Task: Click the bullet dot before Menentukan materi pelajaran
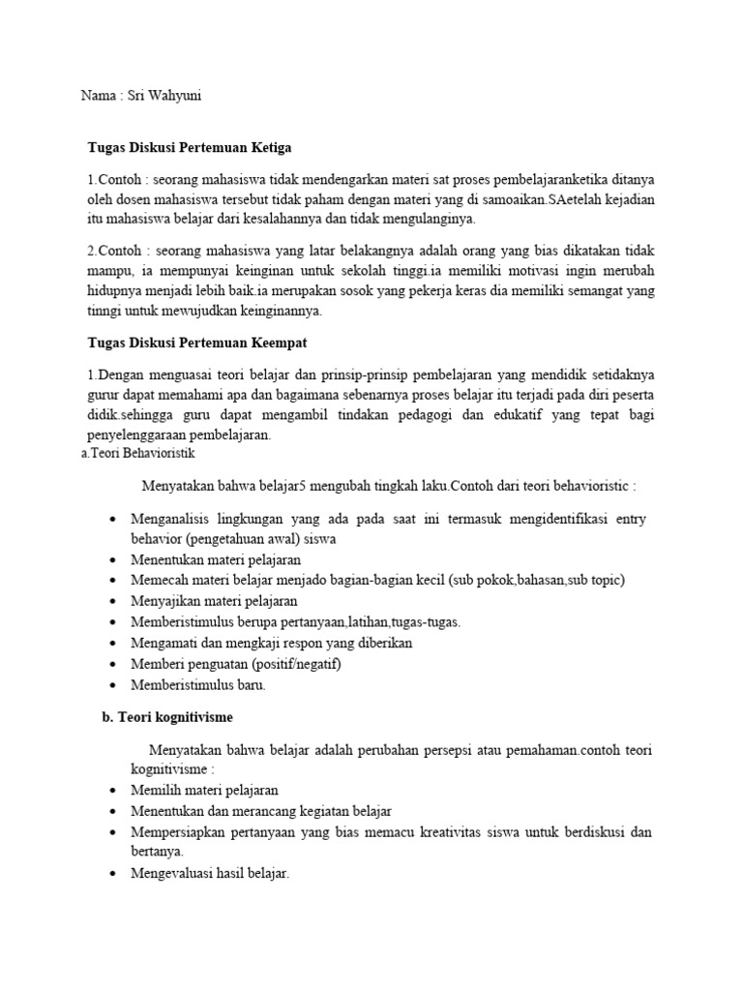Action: [x=114, y=560]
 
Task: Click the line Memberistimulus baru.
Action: [x=197, y=684]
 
